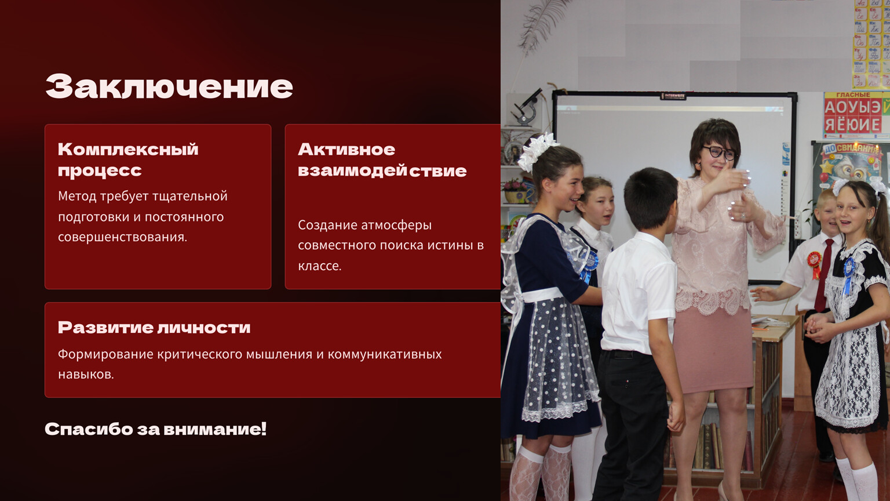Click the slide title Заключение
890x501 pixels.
click(x=169, y=86)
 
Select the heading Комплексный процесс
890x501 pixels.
click(x=128, y=160)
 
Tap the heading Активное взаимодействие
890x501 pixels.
click(x=382, y=160)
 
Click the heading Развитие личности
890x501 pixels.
click(x=154, y=328)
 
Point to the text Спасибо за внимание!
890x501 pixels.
click(x=155, y=429)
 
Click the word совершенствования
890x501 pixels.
click(x=122, y=237)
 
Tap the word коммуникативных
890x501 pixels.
click(x=384, y=354)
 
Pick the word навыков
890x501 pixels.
click(x=86, y=375)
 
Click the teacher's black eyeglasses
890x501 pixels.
click(x=720, y=153)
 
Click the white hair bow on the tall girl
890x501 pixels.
click(x=538, y=151)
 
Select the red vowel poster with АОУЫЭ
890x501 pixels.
click(x=856, y=115)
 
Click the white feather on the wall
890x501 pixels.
click(x=541, y=27)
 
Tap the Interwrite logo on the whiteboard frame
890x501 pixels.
click(x=673, y=96)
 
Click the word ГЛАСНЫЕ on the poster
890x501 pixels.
click(x=853, y=95)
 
